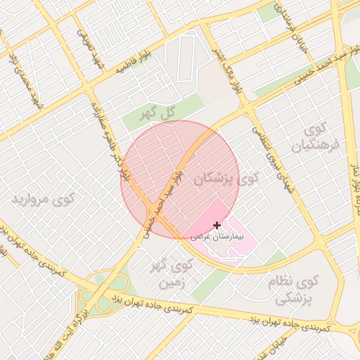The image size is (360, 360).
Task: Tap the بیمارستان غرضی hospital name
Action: click(x=216, y=237)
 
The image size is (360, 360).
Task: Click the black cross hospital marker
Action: click(x=216, y=225)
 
